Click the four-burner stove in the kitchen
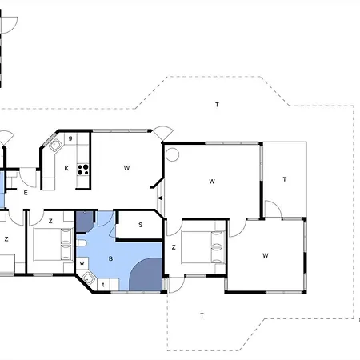[x=83, y=170]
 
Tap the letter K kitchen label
[x=66, y=168]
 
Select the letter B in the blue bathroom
[x=110, y=258]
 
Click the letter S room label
[x=141, y=225]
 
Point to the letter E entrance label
[x=26, y=193]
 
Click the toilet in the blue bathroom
[x=82, y=243]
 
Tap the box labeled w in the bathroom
[x=82, y=263]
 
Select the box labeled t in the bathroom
[x=103, y=285]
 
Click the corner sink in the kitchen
[x=55, y=146]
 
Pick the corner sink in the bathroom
[x=88, y=278]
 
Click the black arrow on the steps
[x=160, y=198]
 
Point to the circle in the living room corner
[x=172, y=154]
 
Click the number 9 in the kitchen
[x=70, y=138]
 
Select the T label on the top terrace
[x=217, y=105]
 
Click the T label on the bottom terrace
[x=202, y=315]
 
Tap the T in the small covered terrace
[x=285, y=179]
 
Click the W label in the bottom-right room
[x=266, y=255]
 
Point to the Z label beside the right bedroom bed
[x=174, y=247]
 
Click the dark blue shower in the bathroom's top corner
[x=85, y=222]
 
